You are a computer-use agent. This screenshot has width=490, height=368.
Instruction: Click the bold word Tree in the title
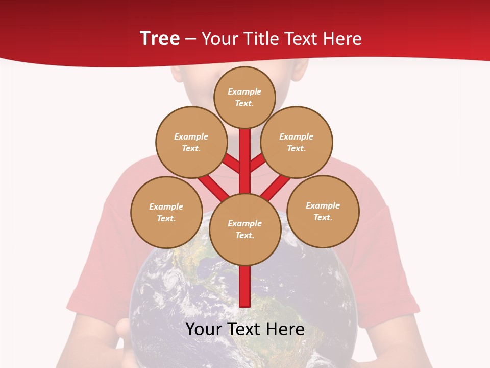(x=160, y=38)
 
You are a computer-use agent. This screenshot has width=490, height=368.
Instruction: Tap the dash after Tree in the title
(x=190, y=39)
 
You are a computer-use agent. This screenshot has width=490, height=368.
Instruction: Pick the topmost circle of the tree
(x=244, y=97)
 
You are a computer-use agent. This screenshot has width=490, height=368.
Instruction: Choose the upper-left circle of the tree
(x=191, y=142)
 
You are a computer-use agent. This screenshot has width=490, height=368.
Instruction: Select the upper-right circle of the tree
(x=296, y=142)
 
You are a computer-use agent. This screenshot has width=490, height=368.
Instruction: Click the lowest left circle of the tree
(x=166, y=212)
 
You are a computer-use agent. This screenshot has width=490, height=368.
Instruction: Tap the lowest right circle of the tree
(x=323, y=211)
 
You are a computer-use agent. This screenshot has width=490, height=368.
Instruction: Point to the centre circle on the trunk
(x=245, y=229)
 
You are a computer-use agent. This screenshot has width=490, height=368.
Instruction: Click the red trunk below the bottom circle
(x=245, y=286)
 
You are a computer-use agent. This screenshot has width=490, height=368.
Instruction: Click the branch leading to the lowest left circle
(x=213, y=187)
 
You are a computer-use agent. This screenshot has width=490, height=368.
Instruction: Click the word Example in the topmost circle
(x=244, y=92)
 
